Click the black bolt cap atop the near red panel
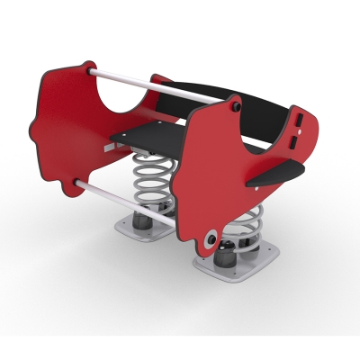pyautogui.click(x=237, y=105)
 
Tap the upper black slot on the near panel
pyautogui.click(x=297, y=118)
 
